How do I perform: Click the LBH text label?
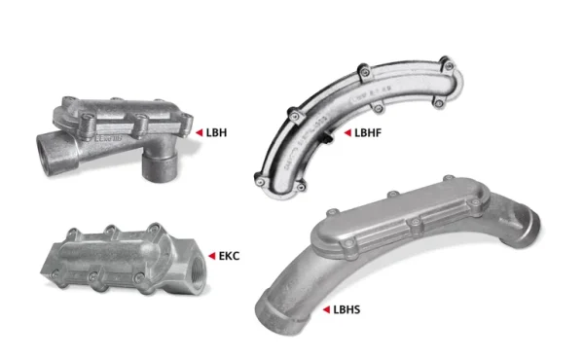pyautogui.click(x=216, y=129)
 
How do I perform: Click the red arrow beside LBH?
pyautogui.click(x=199, y=129)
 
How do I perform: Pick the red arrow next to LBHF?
pyautogui.click(x=347, y=130)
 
